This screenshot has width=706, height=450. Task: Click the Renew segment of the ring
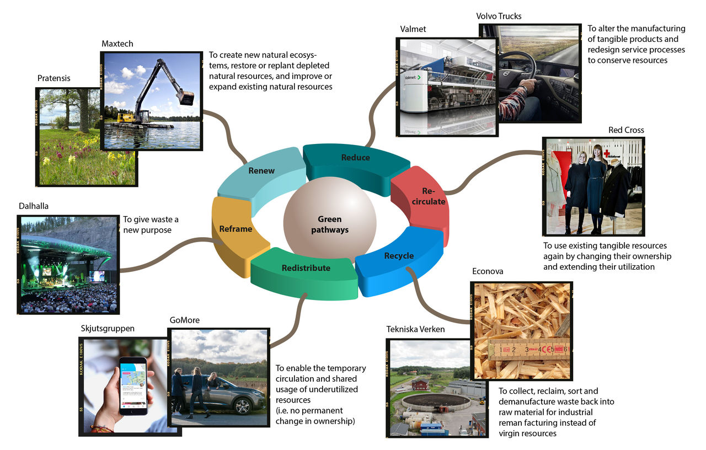pyautogui.click(x=261, y=170)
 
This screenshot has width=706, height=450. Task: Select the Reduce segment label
pyautogui.click(x=356, y=158)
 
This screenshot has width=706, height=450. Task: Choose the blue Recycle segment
pyautogui.click(x=399, y=256)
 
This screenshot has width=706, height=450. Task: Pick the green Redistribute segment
pyautogui.click(x=306, y=268)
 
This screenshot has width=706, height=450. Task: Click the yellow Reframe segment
pyautogui.click(x=236, y=229)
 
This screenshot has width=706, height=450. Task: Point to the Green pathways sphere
pyautogui.click(x=330, y=223)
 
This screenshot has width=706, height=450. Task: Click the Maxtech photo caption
pyautogui.click(x=117, y=44)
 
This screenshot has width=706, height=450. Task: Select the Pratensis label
pyautogui.click(x=54, y=78)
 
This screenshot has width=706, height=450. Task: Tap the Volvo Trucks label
pyautogui.click(x=499, y=16)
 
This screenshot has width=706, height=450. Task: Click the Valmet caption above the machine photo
pyautogui.click(x=413, y=29)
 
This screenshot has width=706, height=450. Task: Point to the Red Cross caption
pyautogui.click(x=626, y=130)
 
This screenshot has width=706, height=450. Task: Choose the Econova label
pyautogui.click(x=488, y=271)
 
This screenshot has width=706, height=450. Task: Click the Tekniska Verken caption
pyautogui.click(x=415, y=330)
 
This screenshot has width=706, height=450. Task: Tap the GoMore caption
pyautogui.click(x=185, y=320)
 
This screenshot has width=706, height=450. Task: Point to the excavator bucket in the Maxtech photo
pyautogui.click(x=186, y=98)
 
